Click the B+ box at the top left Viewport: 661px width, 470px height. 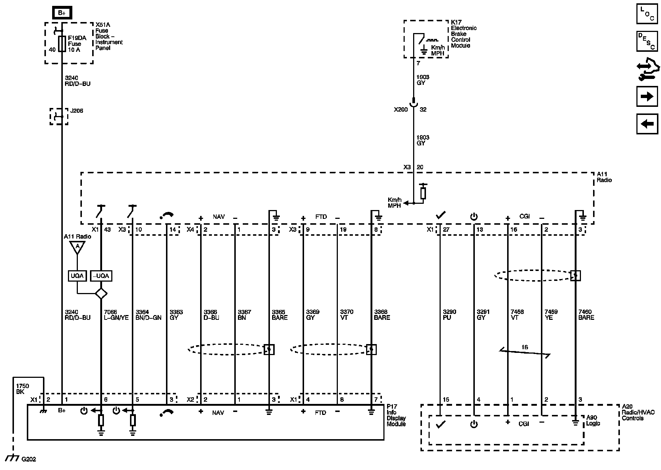point(61,13)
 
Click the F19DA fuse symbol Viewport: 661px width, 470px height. point(62,44)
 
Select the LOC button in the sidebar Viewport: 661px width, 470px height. point(647,14)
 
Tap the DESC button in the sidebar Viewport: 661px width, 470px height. point(647,41)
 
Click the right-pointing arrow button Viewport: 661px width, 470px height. point(647,97)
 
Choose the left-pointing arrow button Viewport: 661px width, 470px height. point(647,124)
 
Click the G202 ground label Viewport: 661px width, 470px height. point(29,459)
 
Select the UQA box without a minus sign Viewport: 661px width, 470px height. point(77,276)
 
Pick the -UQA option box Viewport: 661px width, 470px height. point(101,276)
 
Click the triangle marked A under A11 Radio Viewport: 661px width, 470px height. point(77,247)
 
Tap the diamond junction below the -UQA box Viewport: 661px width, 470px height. point(101,293)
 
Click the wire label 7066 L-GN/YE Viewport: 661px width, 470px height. point(116,315)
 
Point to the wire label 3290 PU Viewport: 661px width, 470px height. point(449,315)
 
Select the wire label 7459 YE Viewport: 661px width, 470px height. point(551,315)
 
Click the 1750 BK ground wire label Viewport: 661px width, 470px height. point(22,389)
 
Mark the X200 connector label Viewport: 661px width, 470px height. point(401,109)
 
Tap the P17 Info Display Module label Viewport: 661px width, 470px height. point(396,415)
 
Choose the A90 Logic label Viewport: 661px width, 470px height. point(593,420)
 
